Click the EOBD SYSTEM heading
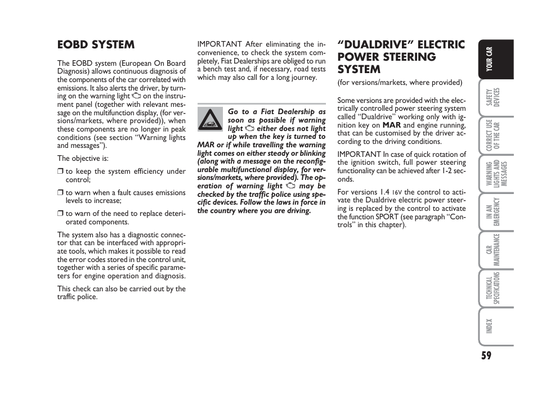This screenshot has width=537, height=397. click(x=96, y=44)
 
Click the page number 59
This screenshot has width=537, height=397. click(x=486, y=355)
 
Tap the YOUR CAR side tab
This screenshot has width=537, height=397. click(x=491, y=60)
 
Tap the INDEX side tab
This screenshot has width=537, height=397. click(x=490, y=326)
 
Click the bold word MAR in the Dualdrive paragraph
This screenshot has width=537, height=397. click(x=391, y=125)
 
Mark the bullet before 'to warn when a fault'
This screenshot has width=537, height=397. click(x=60, y=193)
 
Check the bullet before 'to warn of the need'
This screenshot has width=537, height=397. click(x=60, y=214)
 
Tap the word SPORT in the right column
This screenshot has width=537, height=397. click(x=387, y=216)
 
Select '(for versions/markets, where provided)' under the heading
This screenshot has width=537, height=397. click(x=400, y=83)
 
